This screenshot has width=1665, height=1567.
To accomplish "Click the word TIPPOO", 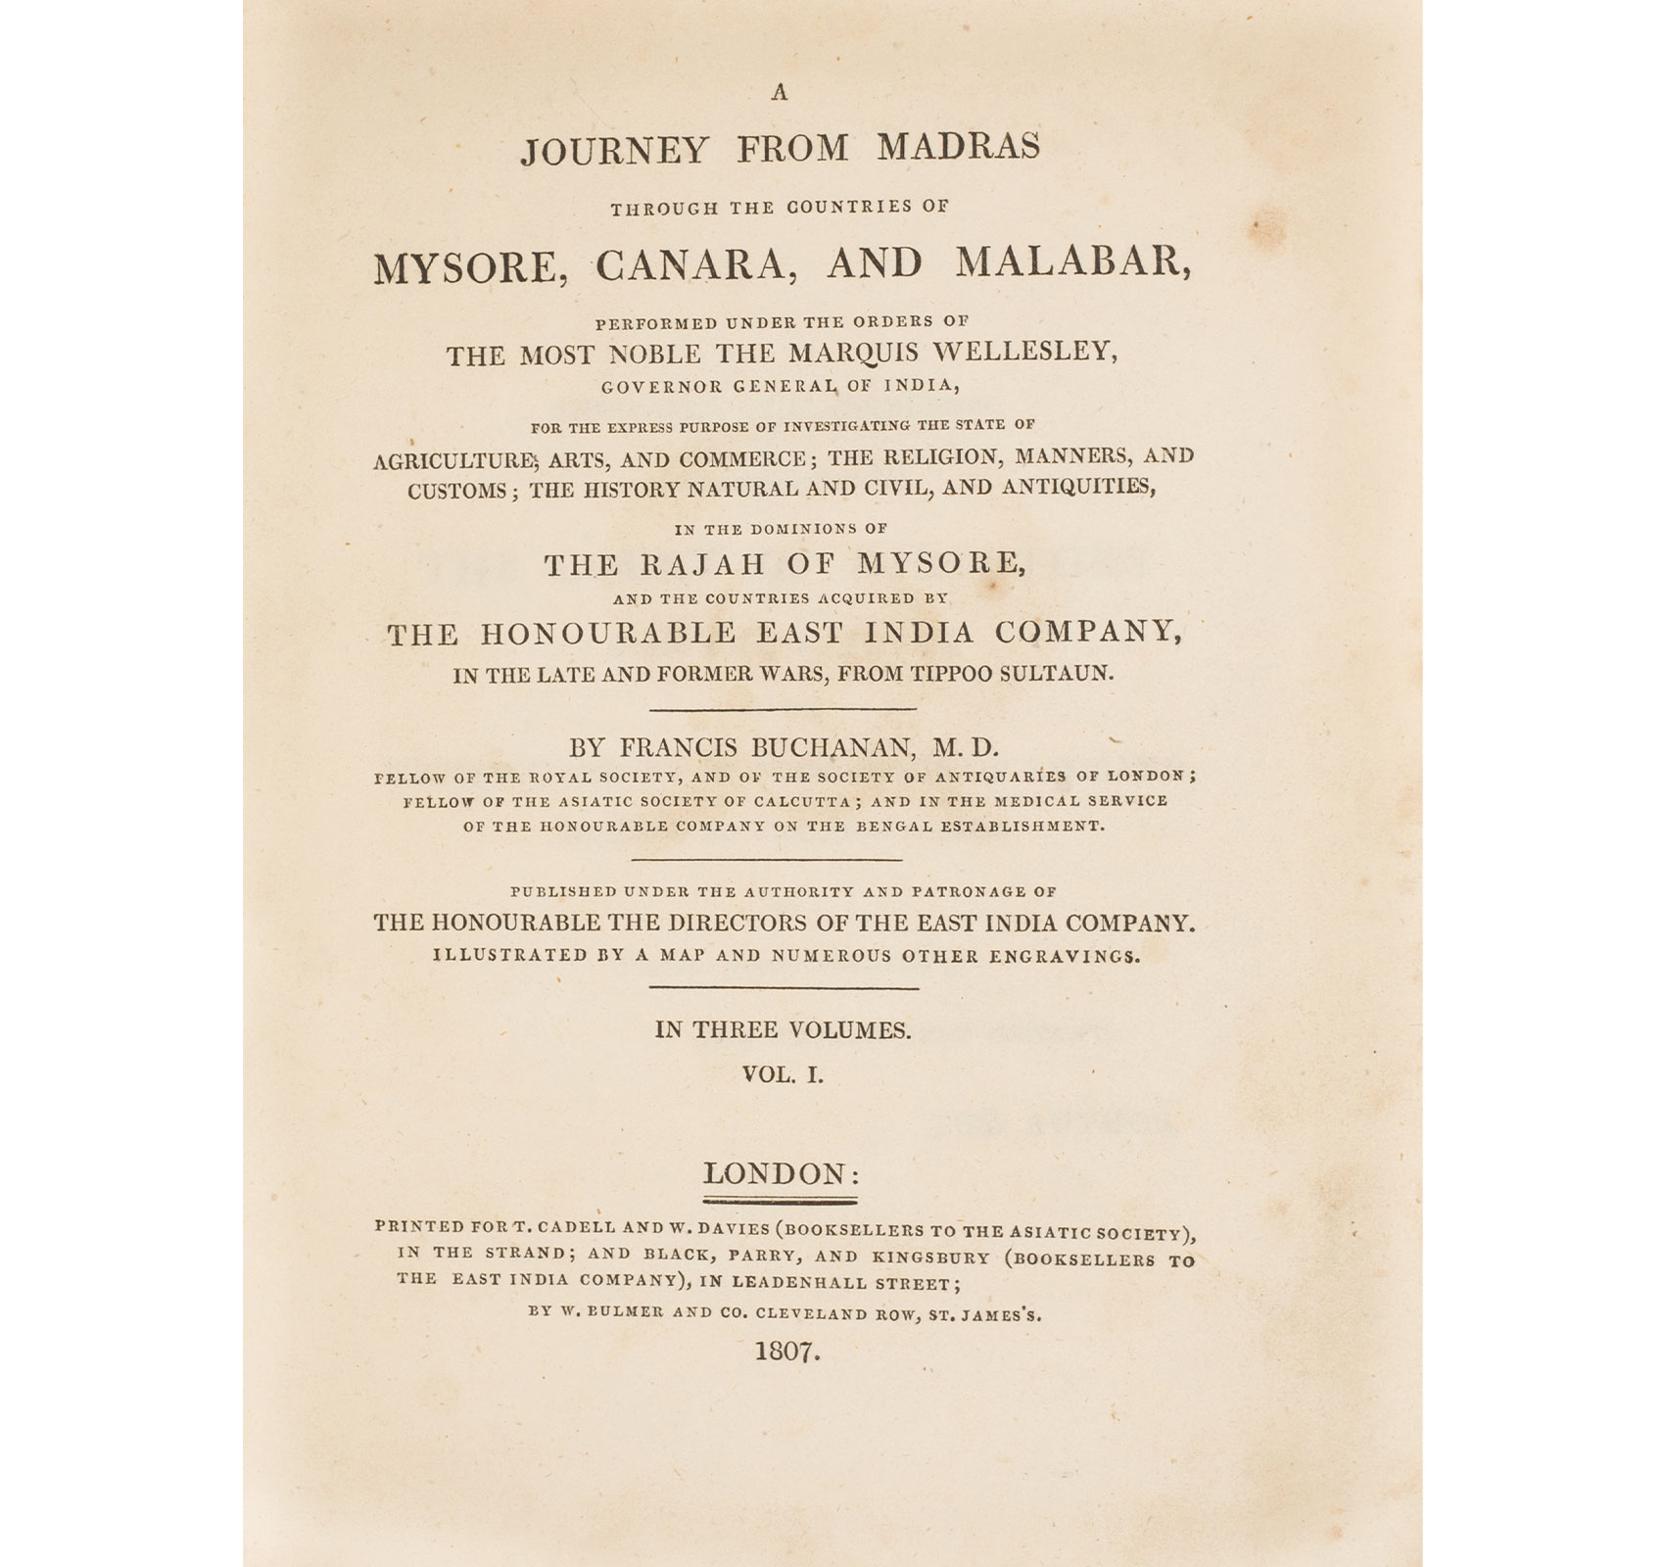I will (x=934, y=675).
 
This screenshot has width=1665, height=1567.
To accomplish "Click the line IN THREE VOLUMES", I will (x=784, y=1029).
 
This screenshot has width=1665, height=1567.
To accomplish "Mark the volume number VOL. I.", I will (x=784, y=1074).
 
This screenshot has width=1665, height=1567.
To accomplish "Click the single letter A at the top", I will (x=781, y=94).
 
